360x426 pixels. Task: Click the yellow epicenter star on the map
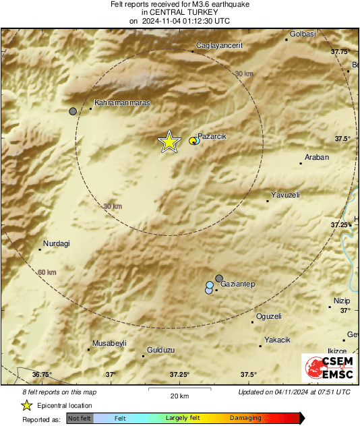point(169,142)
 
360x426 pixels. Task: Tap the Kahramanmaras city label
point(122,102)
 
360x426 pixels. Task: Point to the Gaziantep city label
point(237,284)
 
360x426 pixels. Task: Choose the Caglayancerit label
point(218,45)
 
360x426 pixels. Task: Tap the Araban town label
point(317,157)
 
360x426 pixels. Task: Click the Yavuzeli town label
point(285,195)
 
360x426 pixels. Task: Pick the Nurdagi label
point(57,243)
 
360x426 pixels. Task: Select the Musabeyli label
point(109,343)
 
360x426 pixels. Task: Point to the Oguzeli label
point(269,316)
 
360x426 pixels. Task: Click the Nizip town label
point(342,301)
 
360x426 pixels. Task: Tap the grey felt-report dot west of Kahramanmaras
point(73,111)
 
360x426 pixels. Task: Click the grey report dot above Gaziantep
point(219,278)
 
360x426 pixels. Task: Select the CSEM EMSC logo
point(328,369)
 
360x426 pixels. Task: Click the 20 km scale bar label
point(179,395)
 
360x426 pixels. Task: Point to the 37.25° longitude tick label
point(179,375)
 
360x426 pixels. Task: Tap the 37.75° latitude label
point(340,51)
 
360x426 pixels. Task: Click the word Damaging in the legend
point(245,419)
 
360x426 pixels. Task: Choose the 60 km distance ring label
point(47,272)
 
